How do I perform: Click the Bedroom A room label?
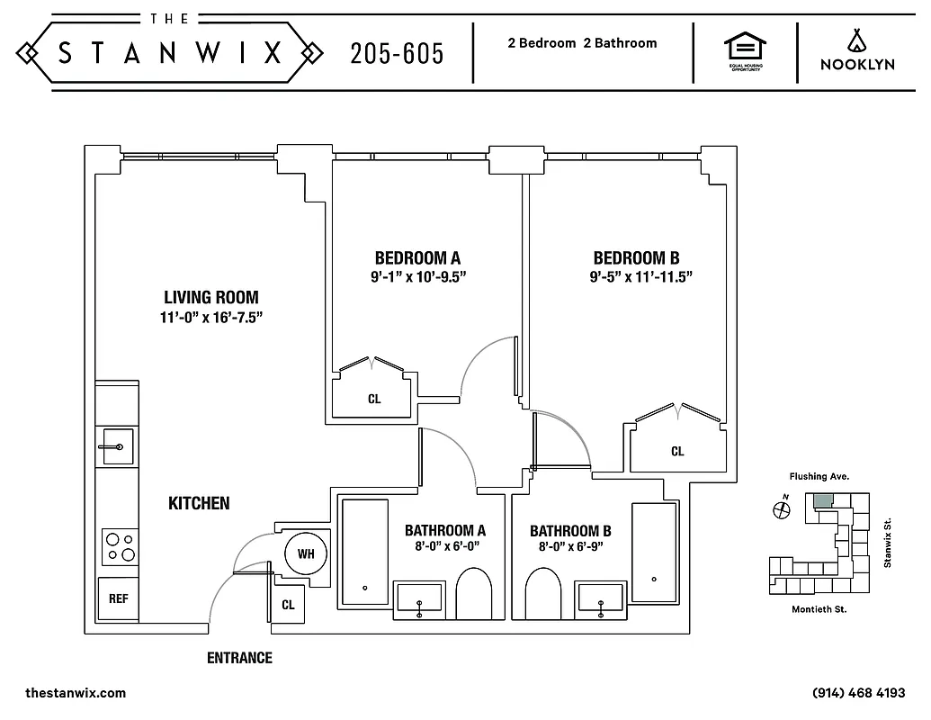pyautogui.click(x=417, y=258)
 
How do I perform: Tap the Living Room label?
pyautogui.click(x=211, y=297)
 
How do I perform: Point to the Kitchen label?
pyautogui.click(x=199, y=503)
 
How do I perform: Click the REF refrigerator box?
pyautogui.click(x=118, y=598)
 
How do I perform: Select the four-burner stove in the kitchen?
pyautogui.click(x=120, y=546)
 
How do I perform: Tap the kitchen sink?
pyautogui.click(x=118, y=446)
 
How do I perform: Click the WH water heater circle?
pyautogui.click(x=306, y=553)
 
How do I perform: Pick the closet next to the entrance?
pyautogui.click(x=288, y=605)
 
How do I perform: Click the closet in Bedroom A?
pyautogui.click(x=373, y=397)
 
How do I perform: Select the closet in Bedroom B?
pyautogui.click(x=676, y=450)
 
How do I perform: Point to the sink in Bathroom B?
pyautogui.click(x=600, y=600)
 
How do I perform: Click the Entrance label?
pyautogui.click(x=239, y=658)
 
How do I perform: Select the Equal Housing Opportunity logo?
pyautogui.click(x=745, y=52)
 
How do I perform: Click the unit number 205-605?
pyautogui.click(x=397, y=54)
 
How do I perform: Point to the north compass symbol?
pyautogui.click(x=781, y=509)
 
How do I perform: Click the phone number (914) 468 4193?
pyautogui.click(x=858, y=693)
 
